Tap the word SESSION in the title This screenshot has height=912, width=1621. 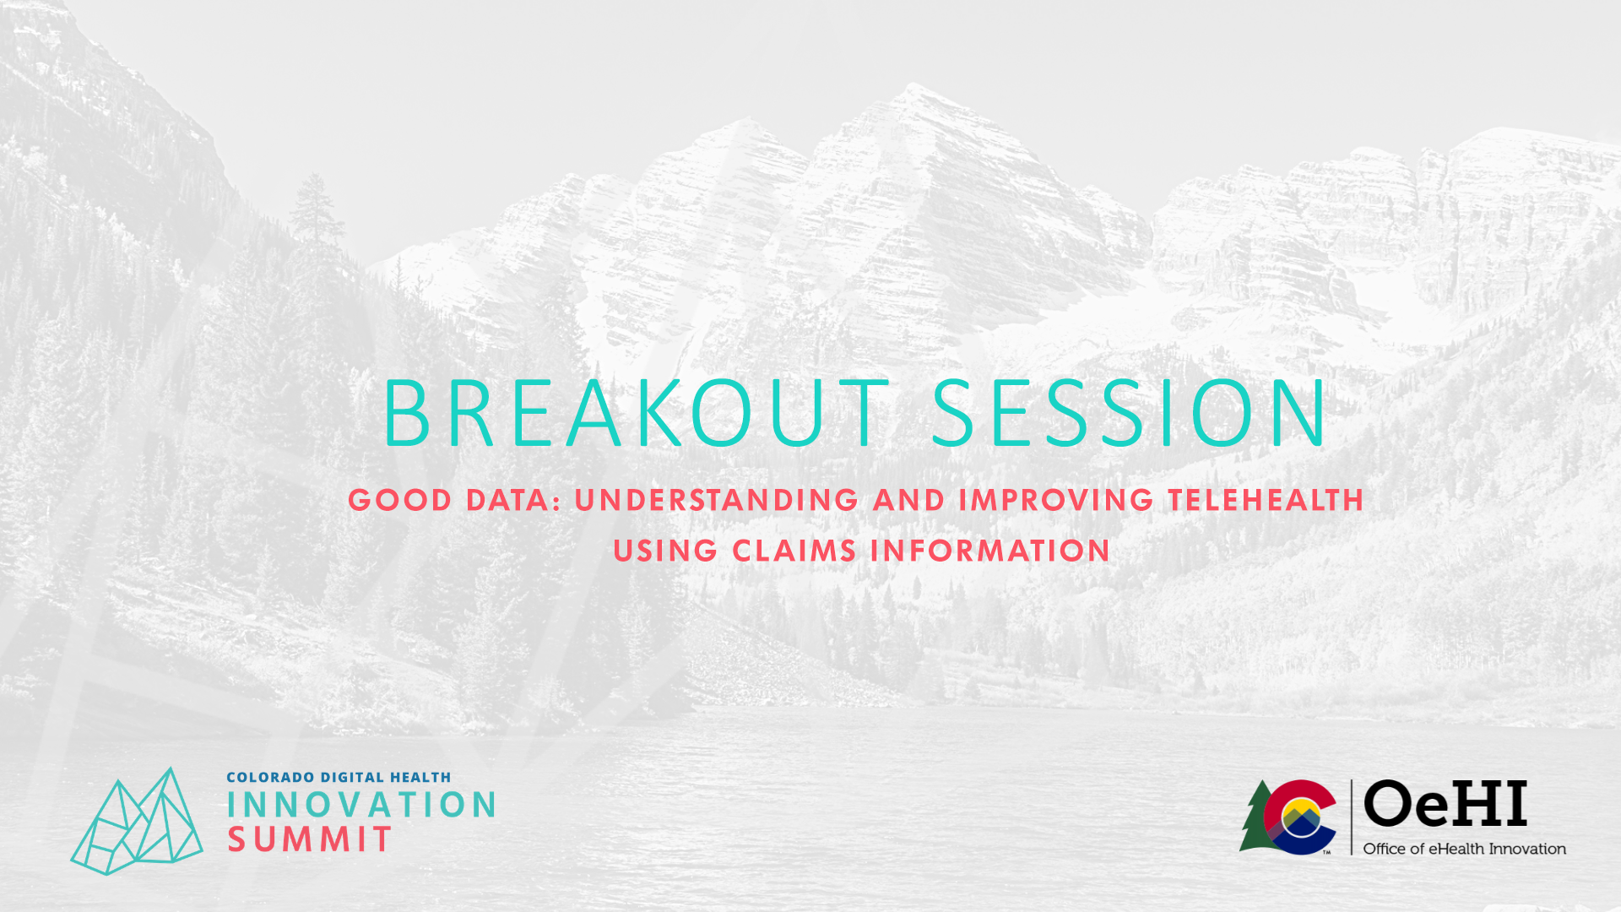pyautogui.click(x=1129, y=413)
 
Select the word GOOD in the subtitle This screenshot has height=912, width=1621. pyautogui.click(x=400, y=500)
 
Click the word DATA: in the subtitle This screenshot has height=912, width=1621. pyautogui.click(x=513, y=500)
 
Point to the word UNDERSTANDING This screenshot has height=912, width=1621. pyautogui.click(x=717, y=500)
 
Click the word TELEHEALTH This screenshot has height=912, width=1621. pyautogui.click(x=1266, y=500)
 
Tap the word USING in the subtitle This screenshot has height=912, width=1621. pyautogui.click(x=665, y=551)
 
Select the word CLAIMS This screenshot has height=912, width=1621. pyautogui.click(x=794, y=551)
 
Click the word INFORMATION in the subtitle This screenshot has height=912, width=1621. pyautogui.click(x=990, y=551)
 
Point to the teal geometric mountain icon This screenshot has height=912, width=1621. pyautogui.click(x=137, y=821)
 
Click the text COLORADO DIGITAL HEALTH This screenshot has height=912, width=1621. pyautogui.click(x=339, y=777)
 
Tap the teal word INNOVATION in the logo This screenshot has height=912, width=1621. pyautogui.click(x=361, y=805)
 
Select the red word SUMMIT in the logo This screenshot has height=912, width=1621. pyautogui.click(x=310, y=839)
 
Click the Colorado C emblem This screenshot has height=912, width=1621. pyautogui.click(x=1300, y=817)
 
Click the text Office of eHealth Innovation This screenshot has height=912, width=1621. pyautogui.click(x=1465, y=849)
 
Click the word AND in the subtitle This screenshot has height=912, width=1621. pyautogui.click(x=908, y=500)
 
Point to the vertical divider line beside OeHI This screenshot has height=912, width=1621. pyautogui.click(x=1351, y=817)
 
